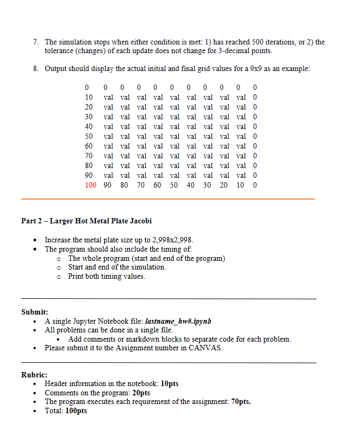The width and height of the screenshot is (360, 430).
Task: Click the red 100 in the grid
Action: pyautogui.click(x=91, y=185)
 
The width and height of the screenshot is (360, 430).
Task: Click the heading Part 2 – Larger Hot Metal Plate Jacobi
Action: pyautogui.click(x=86, y=221)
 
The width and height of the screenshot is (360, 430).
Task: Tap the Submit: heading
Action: pyautogui.click(x=35, y=312)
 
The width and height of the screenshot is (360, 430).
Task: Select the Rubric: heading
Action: pyautogui.click(x=34, y=375)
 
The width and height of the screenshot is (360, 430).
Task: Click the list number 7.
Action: pyautogui.click(x=35, y=42)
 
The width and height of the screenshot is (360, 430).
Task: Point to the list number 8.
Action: pyautogui.click(x=35, y=69)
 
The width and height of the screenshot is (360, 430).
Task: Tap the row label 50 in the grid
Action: pyautogui.click(x=89, y=136)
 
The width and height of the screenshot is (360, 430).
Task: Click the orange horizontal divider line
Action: pyautogui.click(x=168, y=199)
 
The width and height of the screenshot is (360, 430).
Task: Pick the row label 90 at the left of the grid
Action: pyautogui.click(x=89, y=175)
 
